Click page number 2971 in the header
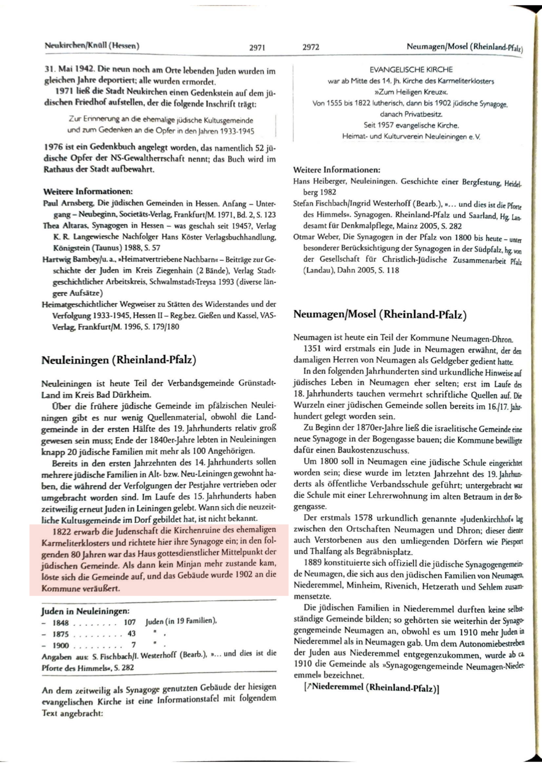[257, 47]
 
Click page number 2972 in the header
[311, 47]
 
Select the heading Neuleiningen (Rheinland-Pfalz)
[119, 360]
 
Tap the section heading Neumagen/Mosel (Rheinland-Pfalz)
[380, 315]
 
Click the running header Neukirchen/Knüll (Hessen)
[92, 46]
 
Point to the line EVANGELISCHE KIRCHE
[411, 69]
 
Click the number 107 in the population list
[129, 623]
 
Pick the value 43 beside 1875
[131, 634]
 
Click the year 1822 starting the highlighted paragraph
[62, 530]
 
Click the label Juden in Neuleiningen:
[85, 611]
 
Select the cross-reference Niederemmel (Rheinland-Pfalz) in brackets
[375, 688]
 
